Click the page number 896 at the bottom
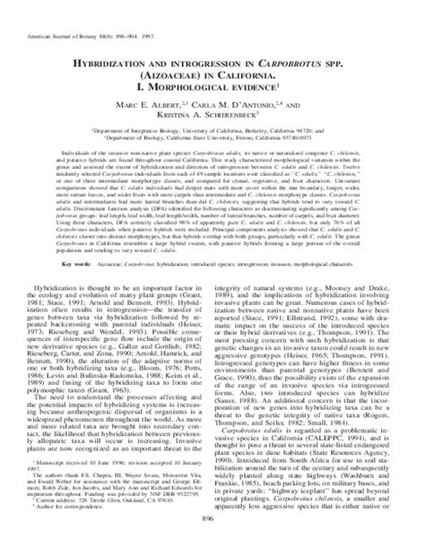212,540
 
